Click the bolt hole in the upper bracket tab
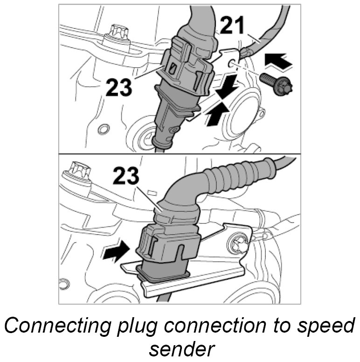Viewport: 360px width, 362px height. coord(232,63)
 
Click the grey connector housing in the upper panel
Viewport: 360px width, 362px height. coord(187,70)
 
